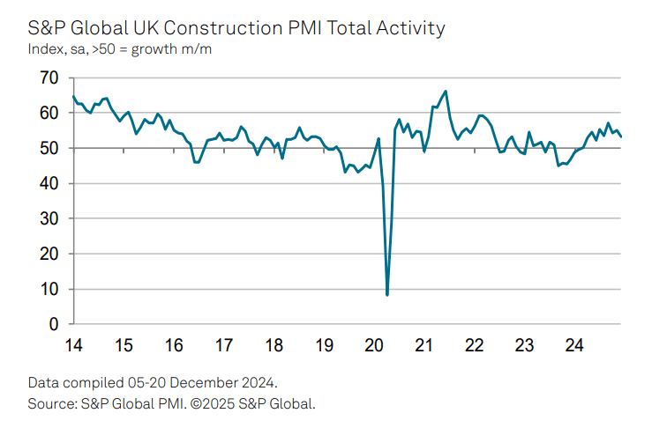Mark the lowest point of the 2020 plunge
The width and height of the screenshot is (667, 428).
pos(387,294)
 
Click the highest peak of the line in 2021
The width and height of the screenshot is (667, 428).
pos(446,91)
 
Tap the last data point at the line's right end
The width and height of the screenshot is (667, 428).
pos(621,137)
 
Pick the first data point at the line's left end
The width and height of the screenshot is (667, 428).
pos(72,96)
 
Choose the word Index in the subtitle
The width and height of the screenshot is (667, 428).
pos(47,48)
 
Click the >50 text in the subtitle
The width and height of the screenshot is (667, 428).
pos(115,48)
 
